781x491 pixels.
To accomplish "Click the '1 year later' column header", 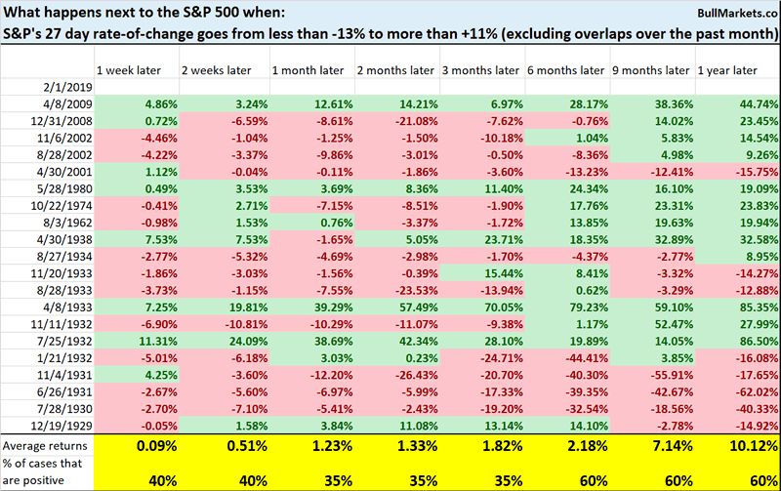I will click(x=727, y=71).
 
